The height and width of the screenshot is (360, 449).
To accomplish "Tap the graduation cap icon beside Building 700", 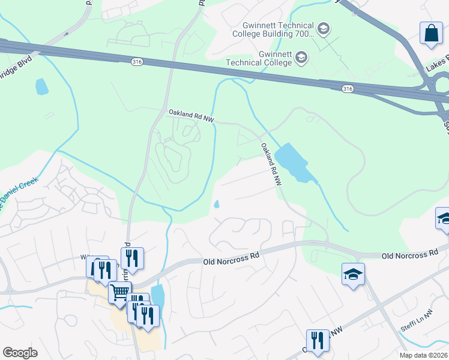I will click(x=324, y=29).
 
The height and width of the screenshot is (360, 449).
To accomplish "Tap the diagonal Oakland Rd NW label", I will click(x=271, y=163).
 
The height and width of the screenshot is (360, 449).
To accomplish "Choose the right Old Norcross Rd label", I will click(x=410, y=255).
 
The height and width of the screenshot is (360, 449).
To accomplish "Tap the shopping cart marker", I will click(x=120, y=292).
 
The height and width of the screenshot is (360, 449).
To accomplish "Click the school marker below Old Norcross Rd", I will click(x=353, y=274).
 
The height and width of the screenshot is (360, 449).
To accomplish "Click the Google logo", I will click(x=20, y=353).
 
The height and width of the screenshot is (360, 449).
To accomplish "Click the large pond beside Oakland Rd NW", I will click(x=291, y=161).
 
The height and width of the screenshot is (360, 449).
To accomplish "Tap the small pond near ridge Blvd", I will click(x=41, y=87).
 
